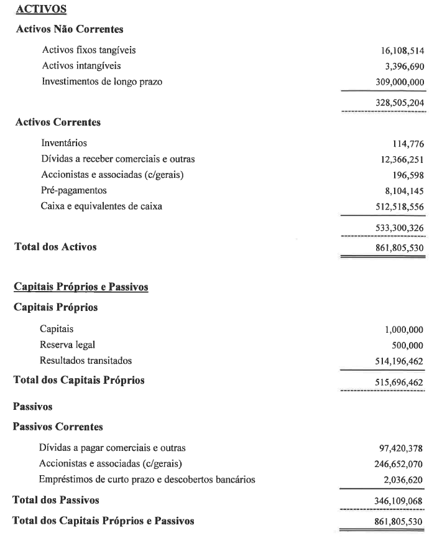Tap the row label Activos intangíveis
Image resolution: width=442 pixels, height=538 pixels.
point(81,65)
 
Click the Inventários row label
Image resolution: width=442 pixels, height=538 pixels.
point(64,144)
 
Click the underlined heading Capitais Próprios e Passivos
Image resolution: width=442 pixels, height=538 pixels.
point(80,287)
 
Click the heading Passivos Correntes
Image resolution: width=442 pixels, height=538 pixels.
point(58,427)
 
